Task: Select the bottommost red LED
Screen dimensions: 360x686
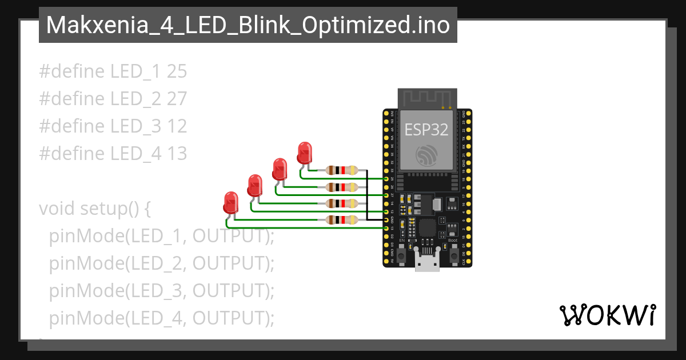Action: point(230,202)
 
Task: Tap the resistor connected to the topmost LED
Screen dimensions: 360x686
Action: point(341,170)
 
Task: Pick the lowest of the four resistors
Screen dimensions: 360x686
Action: point(341,219)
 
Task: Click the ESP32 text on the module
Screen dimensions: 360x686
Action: point(426,130)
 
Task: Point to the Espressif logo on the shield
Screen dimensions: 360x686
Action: point(426,155)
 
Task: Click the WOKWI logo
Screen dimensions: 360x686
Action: point(607,315)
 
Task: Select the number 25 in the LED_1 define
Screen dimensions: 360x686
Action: point(177,71)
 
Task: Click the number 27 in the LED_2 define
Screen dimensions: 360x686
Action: point(177,99)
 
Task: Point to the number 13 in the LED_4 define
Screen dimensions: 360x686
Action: point(177,153)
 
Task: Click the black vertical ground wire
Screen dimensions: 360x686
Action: point(367,194)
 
